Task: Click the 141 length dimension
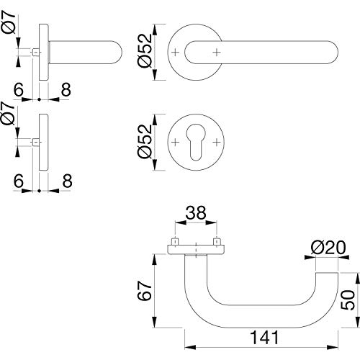coord(265,337)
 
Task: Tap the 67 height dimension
coord(145,291)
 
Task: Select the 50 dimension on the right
coord(348,300)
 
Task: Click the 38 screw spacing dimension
coord(196,212)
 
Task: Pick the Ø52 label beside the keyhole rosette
coord(145,142)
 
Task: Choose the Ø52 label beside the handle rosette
coord(145,51)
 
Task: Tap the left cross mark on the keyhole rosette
coord(176,143)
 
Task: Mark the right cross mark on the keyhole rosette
coord(217,143)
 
